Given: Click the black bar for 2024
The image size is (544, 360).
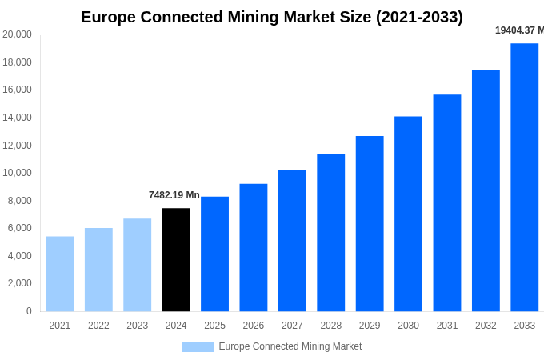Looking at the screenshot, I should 176,259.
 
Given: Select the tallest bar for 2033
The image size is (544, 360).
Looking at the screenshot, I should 524,177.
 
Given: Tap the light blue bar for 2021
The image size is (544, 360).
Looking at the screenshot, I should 60,274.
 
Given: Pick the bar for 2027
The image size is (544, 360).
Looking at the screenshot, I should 292,240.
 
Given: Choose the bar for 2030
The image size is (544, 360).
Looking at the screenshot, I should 408,214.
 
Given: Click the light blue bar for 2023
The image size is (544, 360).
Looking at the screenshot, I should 137,265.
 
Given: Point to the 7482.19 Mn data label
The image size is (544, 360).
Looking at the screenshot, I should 174,195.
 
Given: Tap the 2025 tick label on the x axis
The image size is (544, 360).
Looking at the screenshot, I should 214,326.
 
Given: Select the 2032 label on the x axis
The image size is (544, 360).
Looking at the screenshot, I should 486,326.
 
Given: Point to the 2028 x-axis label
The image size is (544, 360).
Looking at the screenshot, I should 330,326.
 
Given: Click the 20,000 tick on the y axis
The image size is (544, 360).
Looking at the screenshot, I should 18,34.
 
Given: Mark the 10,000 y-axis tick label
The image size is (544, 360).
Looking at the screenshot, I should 18,173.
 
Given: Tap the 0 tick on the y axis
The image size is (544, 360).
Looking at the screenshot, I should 29,311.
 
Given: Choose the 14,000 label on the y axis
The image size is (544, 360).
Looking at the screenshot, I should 18,118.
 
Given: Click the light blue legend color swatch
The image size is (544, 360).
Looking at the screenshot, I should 198,347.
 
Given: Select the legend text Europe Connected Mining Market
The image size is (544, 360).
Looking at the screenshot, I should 290,346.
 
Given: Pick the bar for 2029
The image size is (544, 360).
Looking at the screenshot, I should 370,223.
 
